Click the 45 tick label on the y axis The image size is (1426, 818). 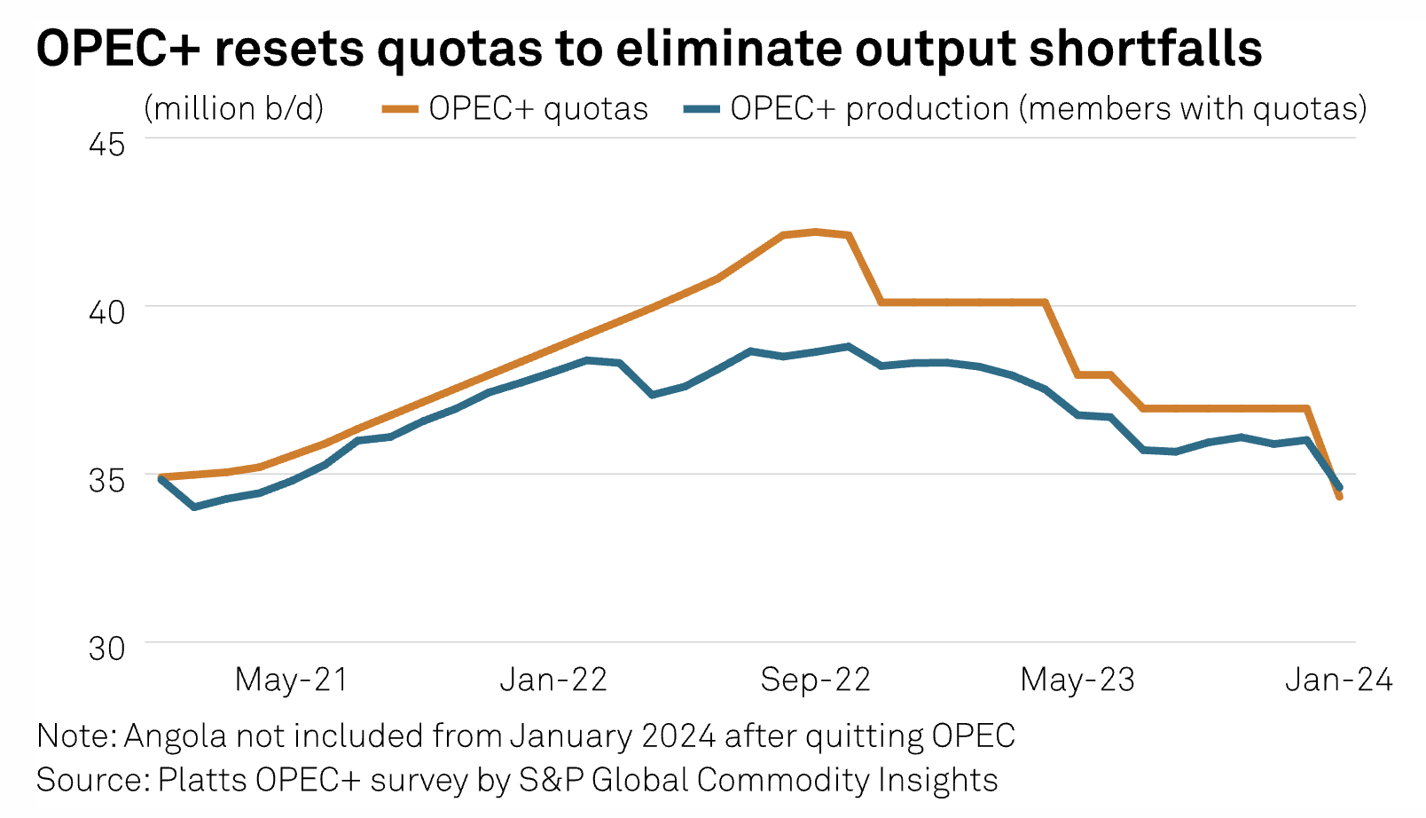(106, 142)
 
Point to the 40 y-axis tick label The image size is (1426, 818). (106, 311)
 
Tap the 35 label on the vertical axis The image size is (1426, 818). (106, 479)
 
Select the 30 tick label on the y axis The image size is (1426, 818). (106, 648)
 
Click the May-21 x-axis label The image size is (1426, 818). (291, 680)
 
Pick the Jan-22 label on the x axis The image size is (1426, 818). (553, 680)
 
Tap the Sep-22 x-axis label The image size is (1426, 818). (815, 680)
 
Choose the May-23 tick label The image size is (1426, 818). (1077, 680)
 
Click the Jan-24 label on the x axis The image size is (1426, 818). (1338, 680)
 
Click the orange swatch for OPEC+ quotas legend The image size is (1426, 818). (400, 109)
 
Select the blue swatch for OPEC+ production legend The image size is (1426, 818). (701, 109)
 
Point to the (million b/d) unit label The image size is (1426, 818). (234, 108)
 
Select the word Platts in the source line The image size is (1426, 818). (202, 780)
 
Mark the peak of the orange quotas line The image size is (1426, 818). (816, 232)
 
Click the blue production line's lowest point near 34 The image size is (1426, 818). (194, 507)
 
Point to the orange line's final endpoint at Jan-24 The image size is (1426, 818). (1339, 497)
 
